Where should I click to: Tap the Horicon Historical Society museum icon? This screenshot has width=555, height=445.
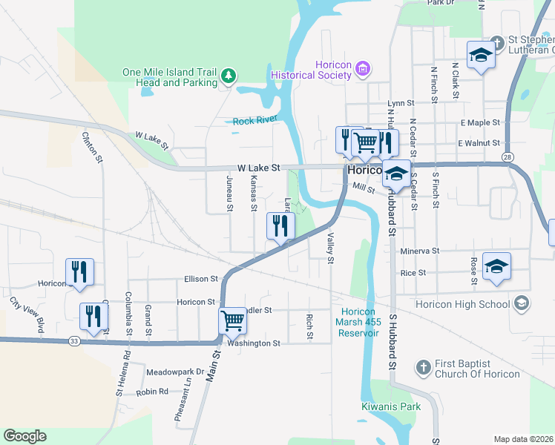362,69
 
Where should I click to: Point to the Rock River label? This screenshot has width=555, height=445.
254,121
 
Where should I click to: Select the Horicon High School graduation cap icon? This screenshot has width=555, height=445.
522,303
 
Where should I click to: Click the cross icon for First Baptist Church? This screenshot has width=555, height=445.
422,368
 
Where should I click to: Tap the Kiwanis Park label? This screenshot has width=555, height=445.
391,406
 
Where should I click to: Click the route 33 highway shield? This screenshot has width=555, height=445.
74,340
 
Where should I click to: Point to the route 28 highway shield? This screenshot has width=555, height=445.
508,156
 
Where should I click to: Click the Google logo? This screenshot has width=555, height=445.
24,436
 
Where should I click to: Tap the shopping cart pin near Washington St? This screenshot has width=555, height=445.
232,322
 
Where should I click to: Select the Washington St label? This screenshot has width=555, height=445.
254,343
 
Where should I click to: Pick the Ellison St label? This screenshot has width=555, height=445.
202,279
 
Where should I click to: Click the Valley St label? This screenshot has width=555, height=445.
330,247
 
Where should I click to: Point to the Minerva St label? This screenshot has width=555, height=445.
420,251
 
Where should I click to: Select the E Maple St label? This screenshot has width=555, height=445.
480,122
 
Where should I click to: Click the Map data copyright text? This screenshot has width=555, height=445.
523,439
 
